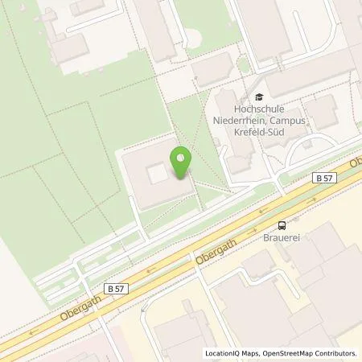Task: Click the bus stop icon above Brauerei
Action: point(282,225)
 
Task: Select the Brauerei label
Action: point(282,239)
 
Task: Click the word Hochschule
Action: point(258,112)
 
